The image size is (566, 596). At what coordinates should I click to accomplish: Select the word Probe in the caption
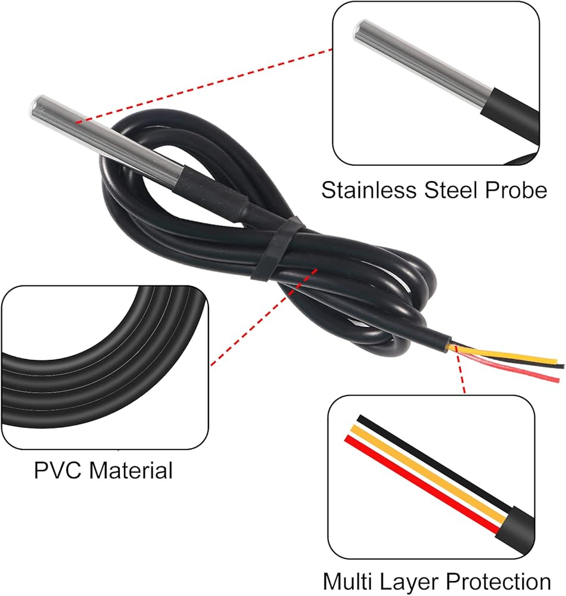point(517,190)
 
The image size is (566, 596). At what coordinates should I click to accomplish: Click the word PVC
point(58,470)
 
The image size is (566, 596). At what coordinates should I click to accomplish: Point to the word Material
point(130,470)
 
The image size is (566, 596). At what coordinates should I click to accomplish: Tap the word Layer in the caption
point(414,581)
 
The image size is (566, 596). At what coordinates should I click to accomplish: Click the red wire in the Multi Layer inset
point(417,483)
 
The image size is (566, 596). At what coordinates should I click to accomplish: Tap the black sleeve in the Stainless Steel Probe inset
point(512,116)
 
